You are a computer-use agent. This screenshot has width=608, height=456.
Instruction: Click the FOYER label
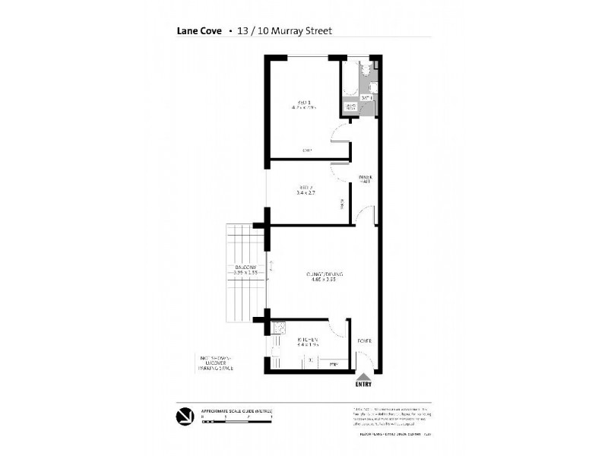point(365,340)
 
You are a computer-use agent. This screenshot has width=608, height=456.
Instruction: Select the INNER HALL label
point(366,179)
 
